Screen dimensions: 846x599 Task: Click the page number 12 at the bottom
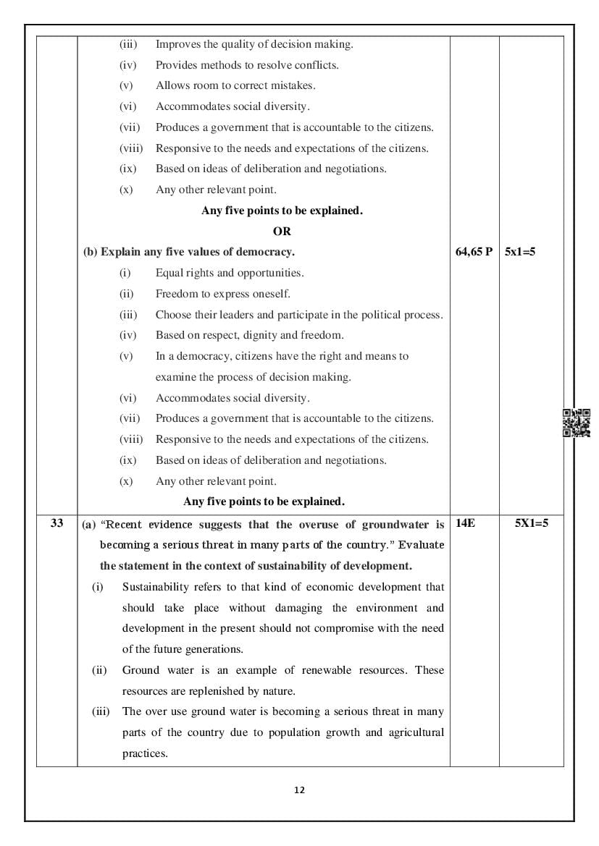(300, 790)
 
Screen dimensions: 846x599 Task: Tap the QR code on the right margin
(577, 423)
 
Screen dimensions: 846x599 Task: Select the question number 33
(57, 523)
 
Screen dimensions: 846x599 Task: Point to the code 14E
(466, 523)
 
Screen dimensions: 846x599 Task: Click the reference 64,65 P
(474, 252)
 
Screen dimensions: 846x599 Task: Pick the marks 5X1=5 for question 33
(531, 523)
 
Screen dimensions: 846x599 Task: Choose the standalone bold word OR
(282, 232)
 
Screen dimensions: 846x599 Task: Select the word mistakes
(293, 85)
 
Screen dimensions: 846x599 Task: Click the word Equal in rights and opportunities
(169, 273)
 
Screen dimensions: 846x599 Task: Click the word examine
(176, 377)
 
